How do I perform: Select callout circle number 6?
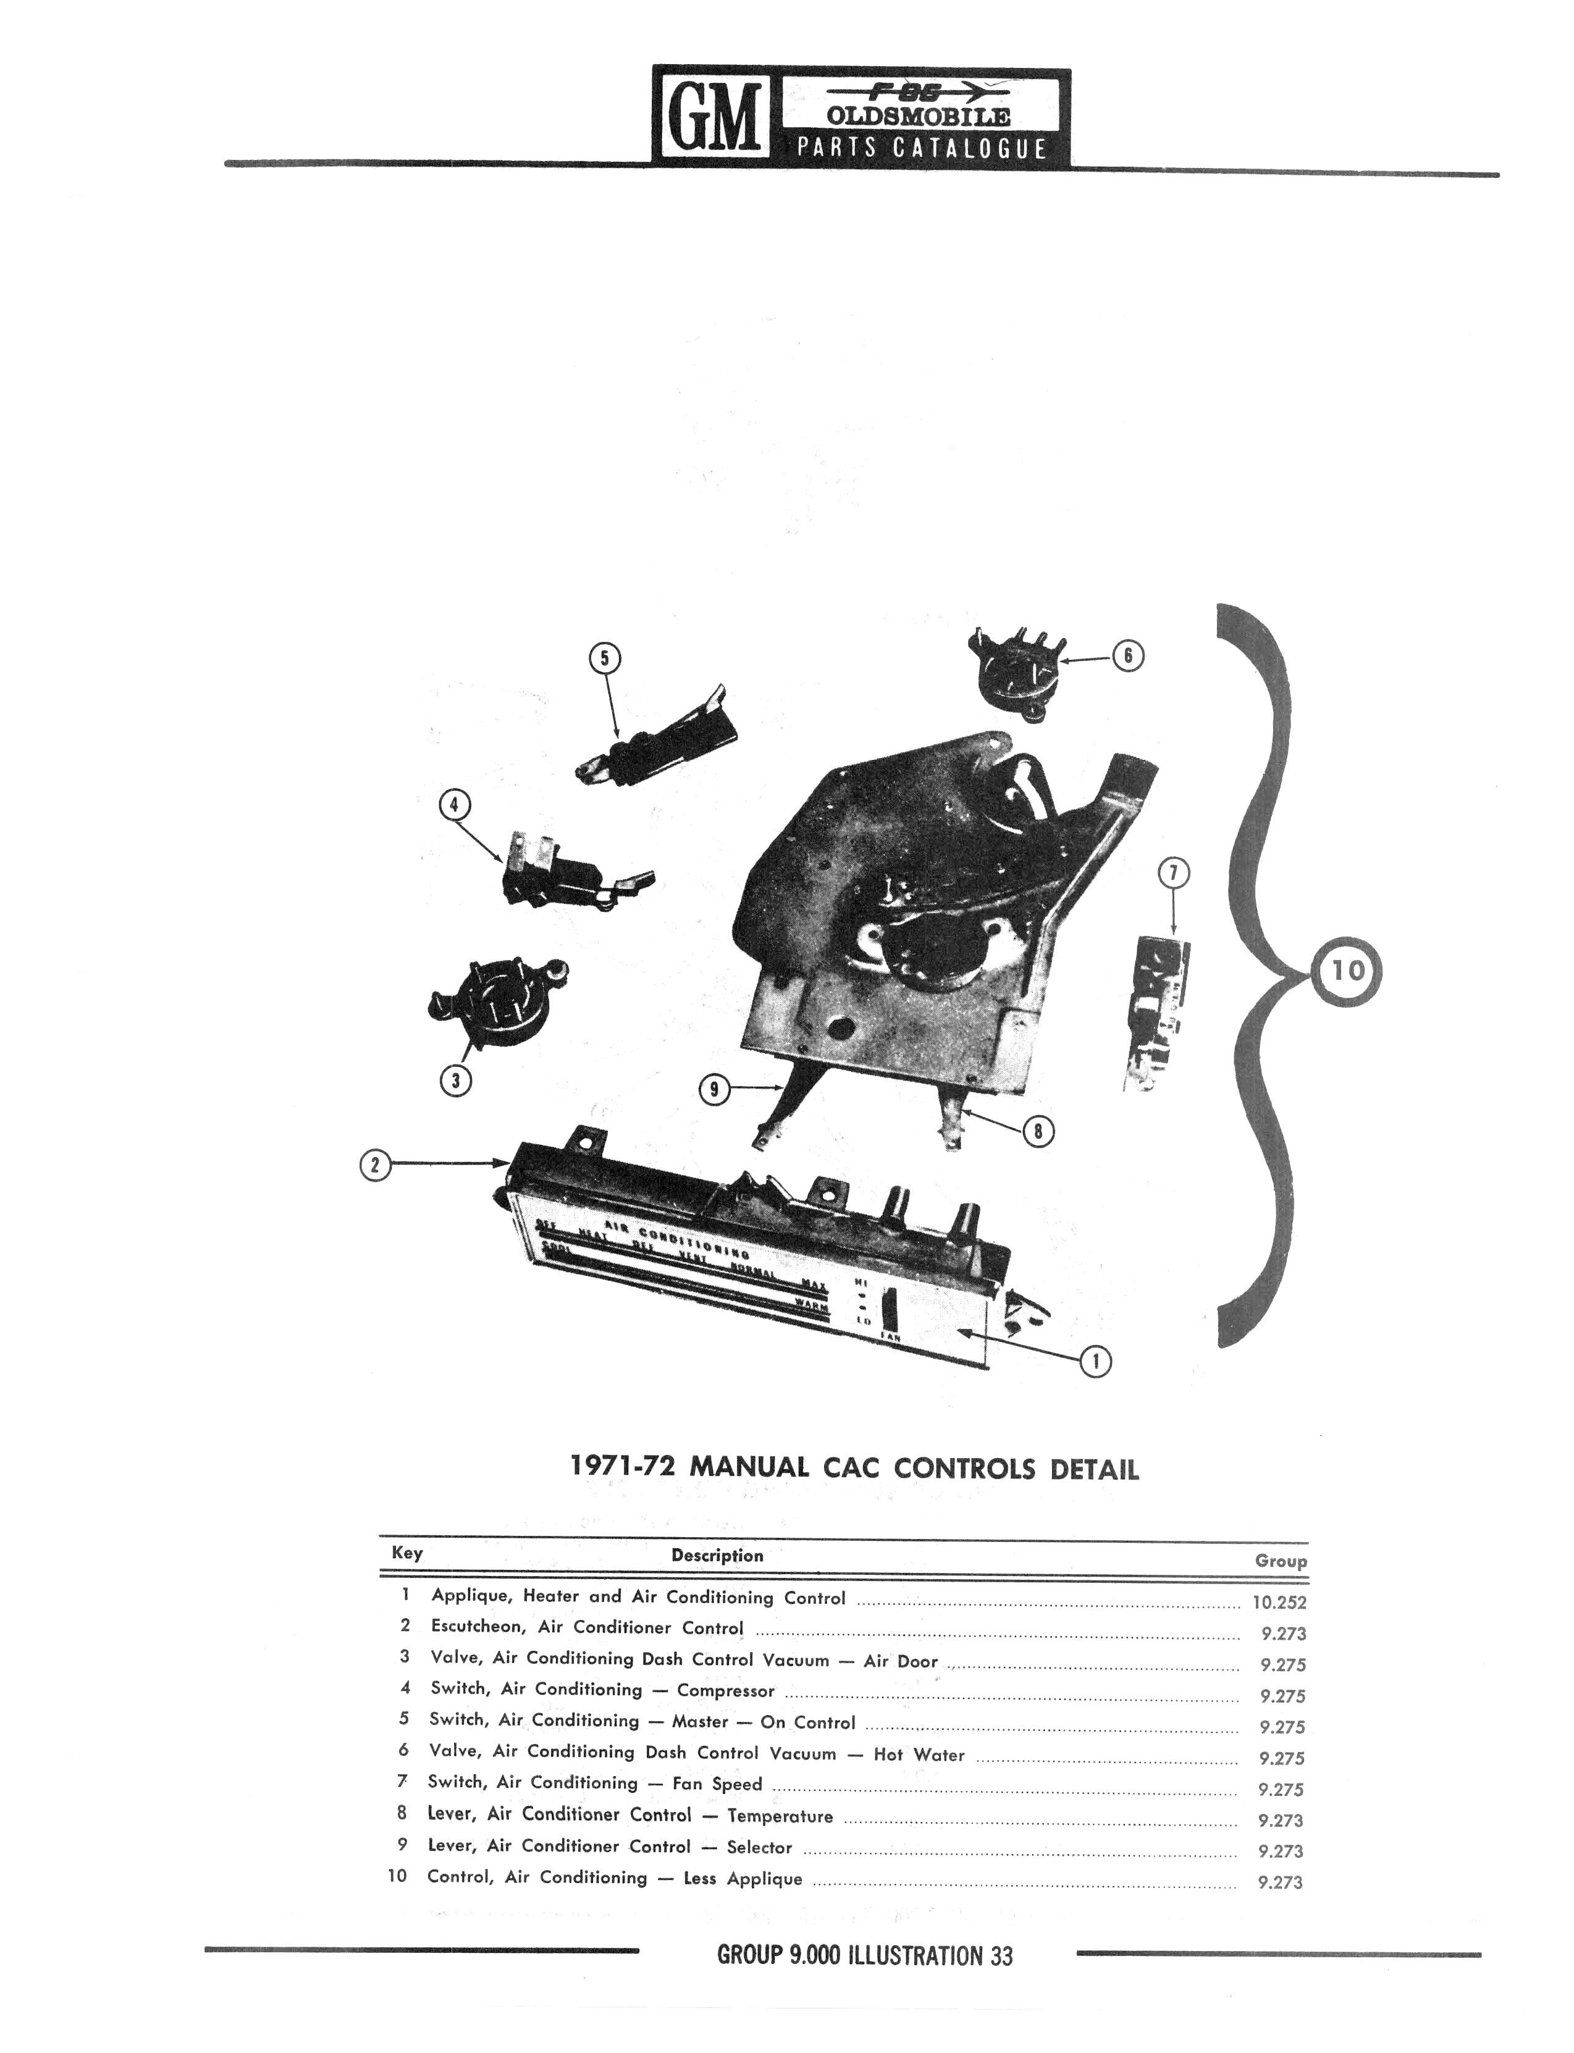pos(1127,656)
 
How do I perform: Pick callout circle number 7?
pos(1174,874)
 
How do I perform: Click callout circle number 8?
pos(1038,1131)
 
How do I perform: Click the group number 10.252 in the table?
pos(1279,1602)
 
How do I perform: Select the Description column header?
pos(717,1556)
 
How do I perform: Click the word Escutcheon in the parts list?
pos(477,1627)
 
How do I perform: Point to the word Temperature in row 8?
pos(780,1816)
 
